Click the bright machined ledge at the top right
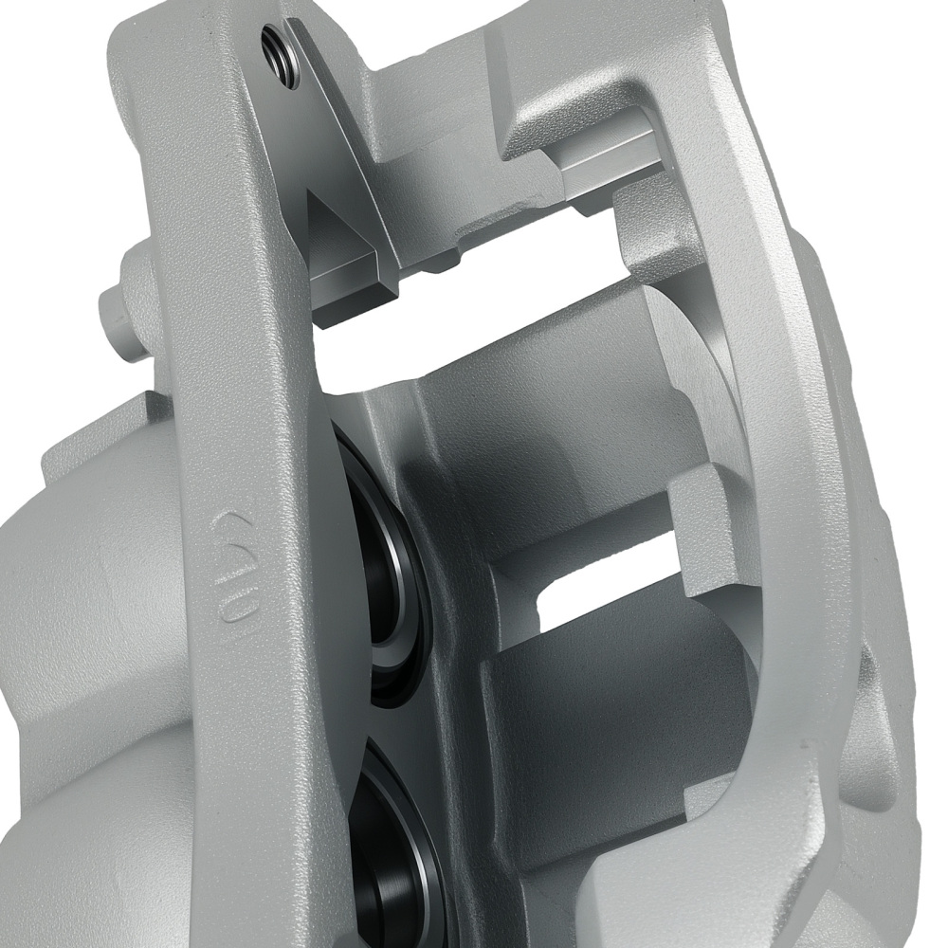point(607,161)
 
